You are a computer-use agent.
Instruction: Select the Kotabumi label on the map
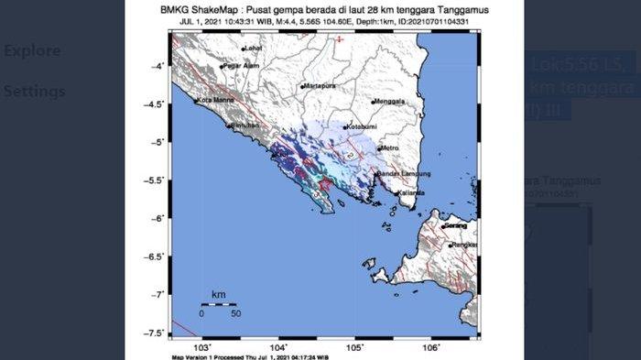point(359,126)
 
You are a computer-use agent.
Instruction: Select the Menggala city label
point(392,103)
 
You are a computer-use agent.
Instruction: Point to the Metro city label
point(391,147)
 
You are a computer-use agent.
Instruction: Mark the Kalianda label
point(410,193)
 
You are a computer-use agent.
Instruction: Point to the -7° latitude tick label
point(158,294)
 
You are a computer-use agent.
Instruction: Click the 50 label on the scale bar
point(235,313)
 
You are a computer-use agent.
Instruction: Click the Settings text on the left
point(34,92)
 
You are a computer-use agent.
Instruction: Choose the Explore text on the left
point(32,50)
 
